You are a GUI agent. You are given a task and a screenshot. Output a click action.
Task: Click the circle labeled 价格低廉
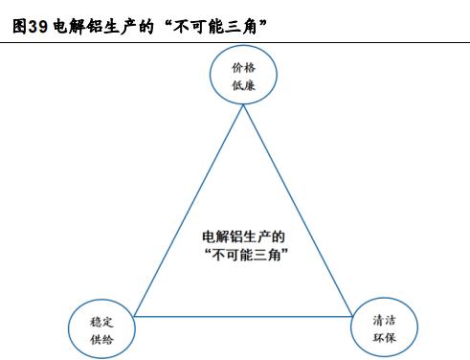click(x=243, y=76)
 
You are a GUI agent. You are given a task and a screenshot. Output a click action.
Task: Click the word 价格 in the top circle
click(x=243, y=68)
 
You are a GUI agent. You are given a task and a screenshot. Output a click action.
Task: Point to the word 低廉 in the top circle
click(x=243, y=85)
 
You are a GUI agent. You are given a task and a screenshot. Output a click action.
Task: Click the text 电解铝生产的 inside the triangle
click(x=243, y=236)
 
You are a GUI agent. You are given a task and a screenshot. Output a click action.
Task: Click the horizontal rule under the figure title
click(x=235, y=41)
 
